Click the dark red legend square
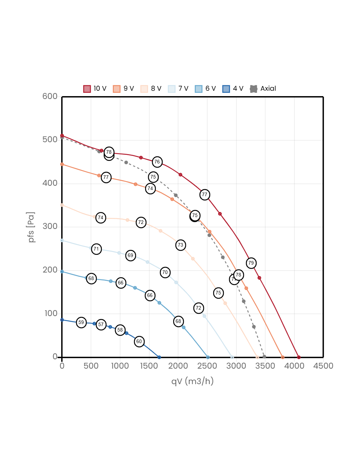point(87,89)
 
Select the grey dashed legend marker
point(254,89)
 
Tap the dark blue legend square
point(226,89)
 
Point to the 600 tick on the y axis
point(50,96)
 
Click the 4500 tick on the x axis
point(323,366)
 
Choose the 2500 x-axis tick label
point(207,366)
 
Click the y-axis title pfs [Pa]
point(32,227)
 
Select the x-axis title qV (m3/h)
point(192,381)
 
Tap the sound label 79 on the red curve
point(251,263)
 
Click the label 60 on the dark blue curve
point(139,341)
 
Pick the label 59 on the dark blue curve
point(81,322)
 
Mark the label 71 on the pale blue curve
point(96,249)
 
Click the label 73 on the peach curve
point(180,245)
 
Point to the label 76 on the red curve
point(157,162)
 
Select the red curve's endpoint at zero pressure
point(299,357)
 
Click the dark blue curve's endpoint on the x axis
point(159,357)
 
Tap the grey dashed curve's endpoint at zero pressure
point(264,356)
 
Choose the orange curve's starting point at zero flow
point(62,164)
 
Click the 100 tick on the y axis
point(51,313)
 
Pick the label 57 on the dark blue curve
point(101,324)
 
